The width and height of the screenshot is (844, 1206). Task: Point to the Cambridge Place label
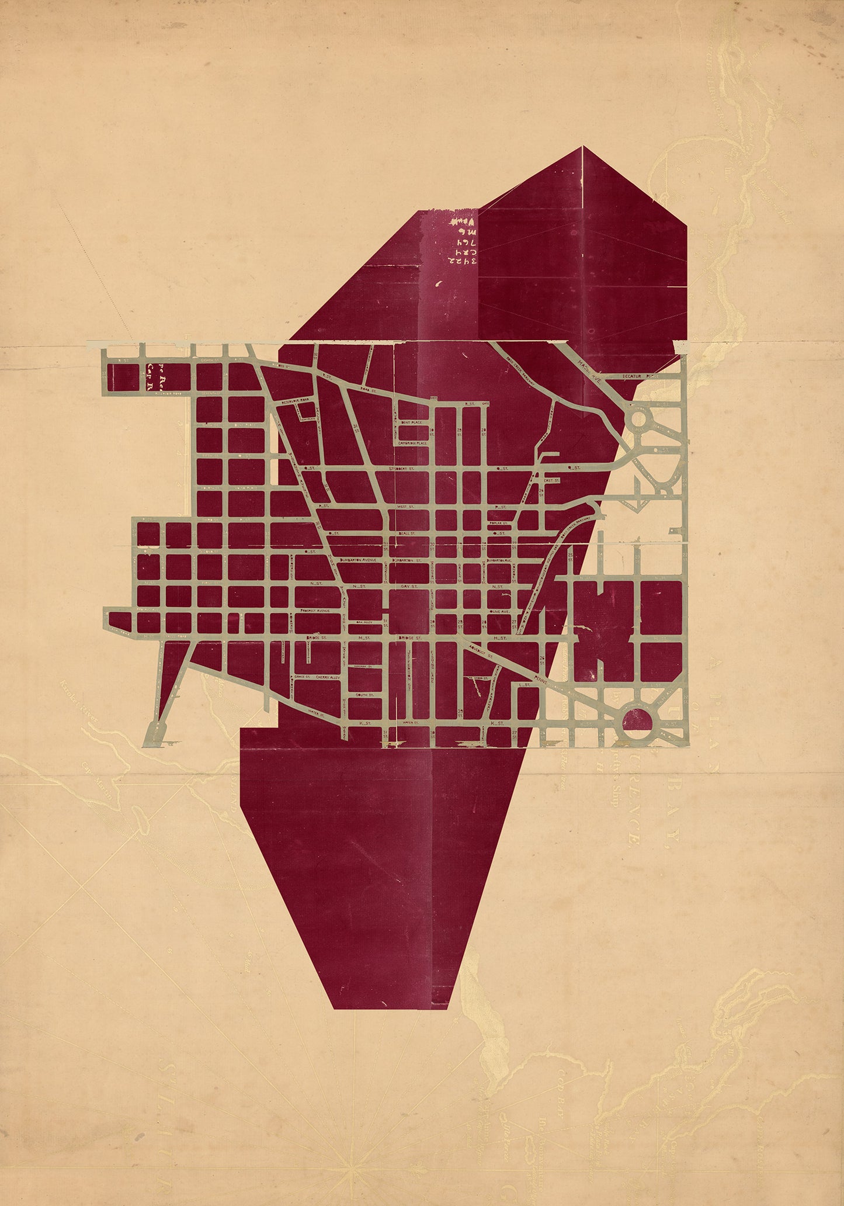[412, 443]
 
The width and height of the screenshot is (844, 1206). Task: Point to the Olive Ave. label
[499, 611]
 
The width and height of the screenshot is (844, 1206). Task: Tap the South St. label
[366, 694]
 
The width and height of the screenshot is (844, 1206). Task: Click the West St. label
[405, 507]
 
